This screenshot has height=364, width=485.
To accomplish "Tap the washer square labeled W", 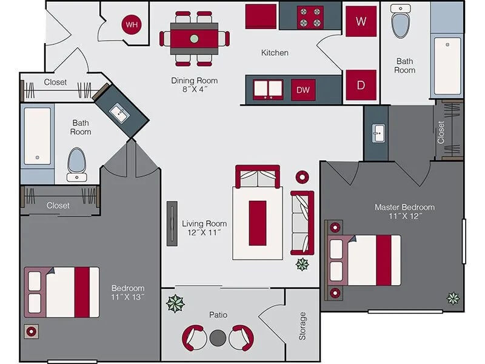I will (x=361, y=21).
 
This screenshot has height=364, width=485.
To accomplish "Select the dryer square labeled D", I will (x=361, y=85).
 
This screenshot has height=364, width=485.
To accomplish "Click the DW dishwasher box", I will (x=303, y=90).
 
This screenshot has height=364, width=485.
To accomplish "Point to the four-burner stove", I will (x=310, y=16).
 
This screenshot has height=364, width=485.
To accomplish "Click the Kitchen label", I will (x=275, y=53).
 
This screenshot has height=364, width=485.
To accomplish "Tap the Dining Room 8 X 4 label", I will (x=194, y=85).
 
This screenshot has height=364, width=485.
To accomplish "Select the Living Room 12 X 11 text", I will (x=205, y=227).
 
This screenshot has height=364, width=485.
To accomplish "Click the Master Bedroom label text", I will (x=404, y=211).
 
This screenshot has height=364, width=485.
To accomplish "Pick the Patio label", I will (x=218, y=315).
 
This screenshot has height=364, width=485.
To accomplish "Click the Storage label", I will (x=303, y=326).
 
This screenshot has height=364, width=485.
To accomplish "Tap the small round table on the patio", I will (x=218, y=338).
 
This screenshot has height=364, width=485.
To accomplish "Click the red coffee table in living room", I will (x=258, y=222).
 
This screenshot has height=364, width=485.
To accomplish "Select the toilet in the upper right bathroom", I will (x=401, y=22).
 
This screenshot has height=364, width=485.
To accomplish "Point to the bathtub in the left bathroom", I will (x=38, y=136).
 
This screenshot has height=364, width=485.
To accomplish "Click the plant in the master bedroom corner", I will (x=453, y=298).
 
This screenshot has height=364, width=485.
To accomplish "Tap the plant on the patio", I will (x=176, y=303).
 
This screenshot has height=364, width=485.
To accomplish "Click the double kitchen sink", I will (x=268, y=89).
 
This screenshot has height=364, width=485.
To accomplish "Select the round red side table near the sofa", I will (x=301, y=177).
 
